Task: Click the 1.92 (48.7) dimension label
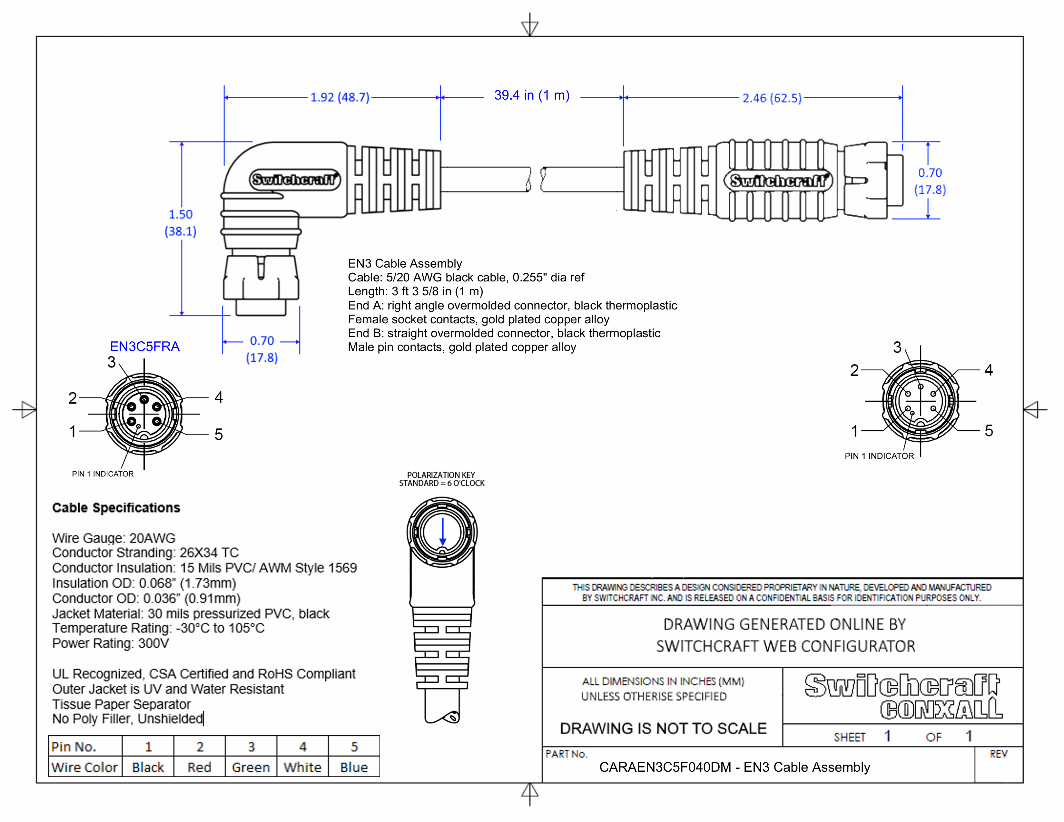click(x=340, y=97)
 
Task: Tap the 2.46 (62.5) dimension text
click(x=772, y=98)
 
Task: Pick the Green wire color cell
click(x=251, y=768)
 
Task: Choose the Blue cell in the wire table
click(x=354, y=768)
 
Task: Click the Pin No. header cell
click(x=74, y=747)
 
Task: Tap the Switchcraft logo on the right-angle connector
click(x=294, y=180)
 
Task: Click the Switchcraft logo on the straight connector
click(x=778, y=181)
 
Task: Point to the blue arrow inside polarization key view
click(x=442, y=532)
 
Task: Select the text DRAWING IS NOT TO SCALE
click(x=663, y=729)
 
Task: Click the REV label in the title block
click(x=998, y=754)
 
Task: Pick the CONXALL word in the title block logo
click(x=941, y=709)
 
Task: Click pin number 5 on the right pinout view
click(x=989, y=430)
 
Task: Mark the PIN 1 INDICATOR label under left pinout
click(x=103, y=474)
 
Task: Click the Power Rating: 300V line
click(x=111, y=643)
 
